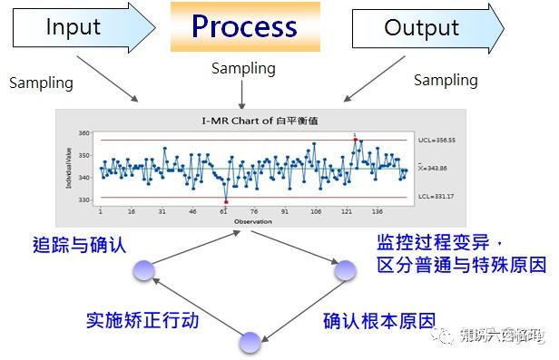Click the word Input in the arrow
(73, 27)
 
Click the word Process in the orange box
(245, 26)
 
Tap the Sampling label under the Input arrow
(41, 83)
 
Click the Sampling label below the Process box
(242, 69)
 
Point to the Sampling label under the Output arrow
(446, 81)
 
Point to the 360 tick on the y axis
(84, 134)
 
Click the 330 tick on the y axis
(84, 199)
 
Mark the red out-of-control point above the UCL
(356, 140)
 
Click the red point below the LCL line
(226, 201)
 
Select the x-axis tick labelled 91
(285, 212)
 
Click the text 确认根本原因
(378, 320)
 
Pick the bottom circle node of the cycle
(250, 343)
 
